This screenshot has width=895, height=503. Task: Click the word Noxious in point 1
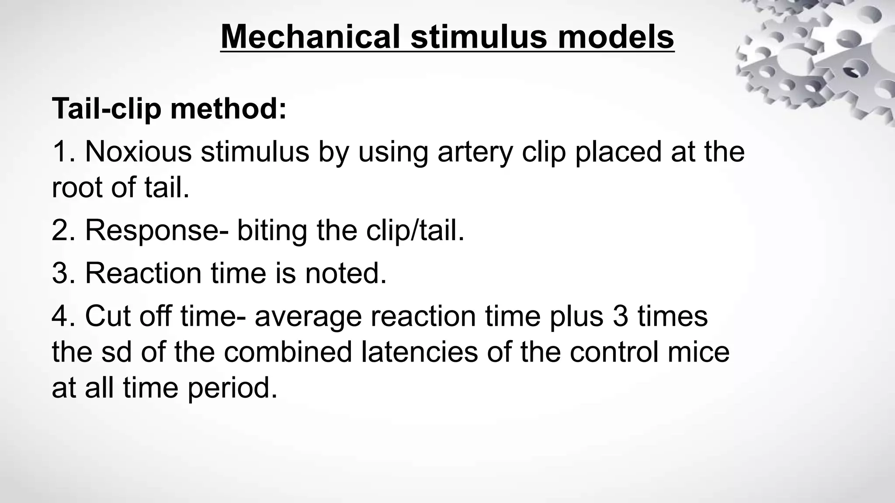(x=138, y=152)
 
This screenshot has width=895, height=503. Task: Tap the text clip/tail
(x=415, y=230)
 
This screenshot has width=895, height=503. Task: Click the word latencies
(x=420, y=352)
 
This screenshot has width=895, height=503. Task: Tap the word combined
(x=288, y=352)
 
